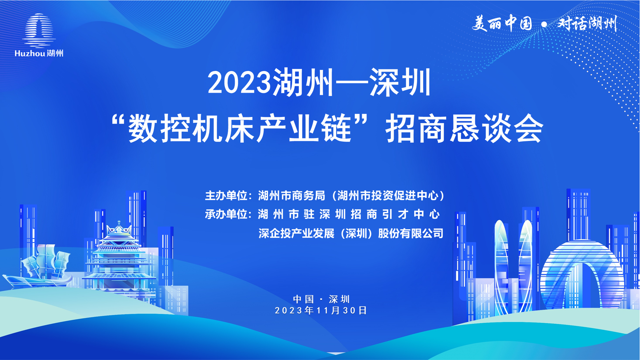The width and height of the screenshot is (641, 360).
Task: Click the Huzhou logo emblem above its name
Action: coord(39,30)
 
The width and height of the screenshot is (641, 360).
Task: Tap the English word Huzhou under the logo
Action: coord(30,54)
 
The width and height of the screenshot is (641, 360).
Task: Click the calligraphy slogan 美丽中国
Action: coord(502,24)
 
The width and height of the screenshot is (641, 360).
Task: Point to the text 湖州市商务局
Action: coord(292,195)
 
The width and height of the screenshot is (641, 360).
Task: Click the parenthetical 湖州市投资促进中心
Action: coord(388,195)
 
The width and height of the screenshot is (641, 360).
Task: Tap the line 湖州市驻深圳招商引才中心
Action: coord(349,214)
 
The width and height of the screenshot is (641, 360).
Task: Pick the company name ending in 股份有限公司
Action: coord(351,233)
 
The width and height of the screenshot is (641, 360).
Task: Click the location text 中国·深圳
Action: coord(321,299)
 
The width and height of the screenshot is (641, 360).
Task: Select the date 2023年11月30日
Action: coord(321,310)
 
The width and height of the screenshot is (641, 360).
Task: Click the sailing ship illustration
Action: coord(37,266)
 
